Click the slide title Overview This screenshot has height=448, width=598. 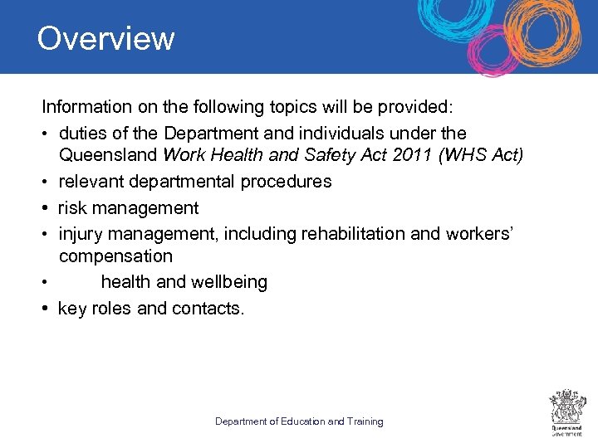click(105, 39)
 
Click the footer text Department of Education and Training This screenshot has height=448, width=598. click(299, 421)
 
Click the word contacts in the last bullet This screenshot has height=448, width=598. click(208, 309)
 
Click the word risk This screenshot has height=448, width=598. click(71, 207)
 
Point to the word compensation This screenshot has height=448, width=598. click(115, 257)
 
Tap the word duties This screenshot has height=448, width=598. click(83, 133)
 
